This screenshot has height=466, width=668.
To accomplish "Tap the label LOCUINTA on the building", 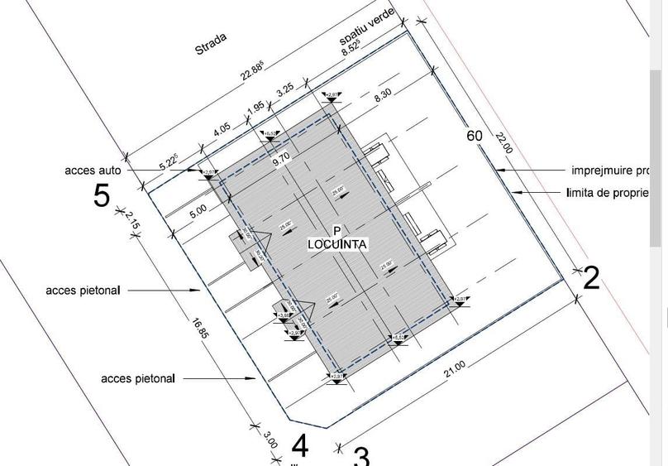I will pos(337,244).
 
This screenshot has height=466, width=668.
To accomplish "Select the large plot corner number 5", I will pos(101,197).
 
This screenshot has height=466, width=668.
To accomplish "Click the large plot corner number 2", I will pos(590,278).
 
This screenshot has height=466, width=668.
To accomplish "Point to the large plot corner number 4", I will pos(300,446).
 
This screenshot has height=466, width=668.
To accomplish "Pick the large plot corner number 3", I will pos(361,456).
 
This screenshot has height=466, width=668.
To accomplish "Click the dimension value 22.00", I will pos(503,143).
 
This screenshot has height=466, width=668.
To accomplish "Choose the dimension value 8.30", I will pos(382,96).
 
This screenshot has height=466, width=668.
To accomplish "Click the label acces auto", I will pos(93,171).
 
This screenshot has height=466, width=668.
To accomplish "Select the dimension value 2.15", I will pos(132,222).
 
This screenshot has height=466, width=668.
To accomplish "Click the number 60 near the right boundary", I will pos(474,136).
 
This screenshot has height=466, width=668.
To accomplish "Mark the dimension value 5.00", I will pos(198,210).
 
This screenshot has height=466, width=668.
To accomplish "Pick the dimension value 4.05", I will pos(222,131).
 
